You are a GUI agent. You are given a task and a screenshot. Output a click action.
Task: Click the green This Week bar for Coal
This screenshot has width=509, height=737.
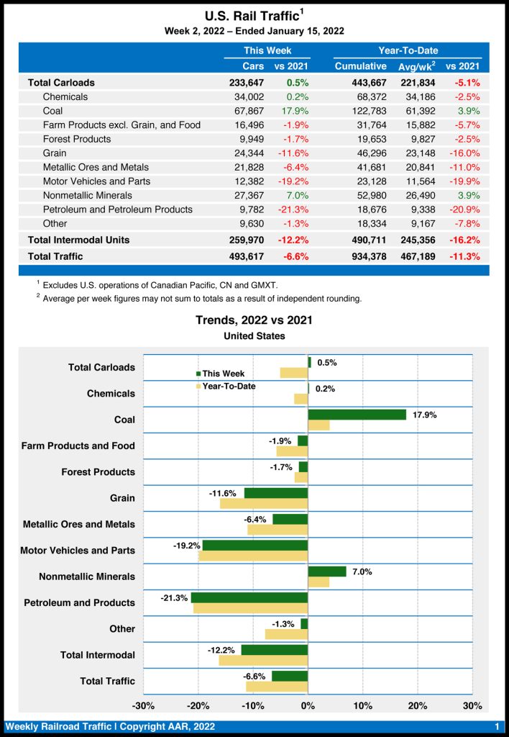tap(357, 415)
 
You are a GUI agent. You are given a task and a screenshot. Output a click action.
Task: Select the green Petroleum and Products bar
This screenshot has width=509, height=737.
tap(249, 597)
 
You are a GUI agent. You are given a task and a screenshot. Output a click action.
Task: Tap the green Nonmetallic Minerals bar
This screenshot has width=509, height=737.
tap(326, 571)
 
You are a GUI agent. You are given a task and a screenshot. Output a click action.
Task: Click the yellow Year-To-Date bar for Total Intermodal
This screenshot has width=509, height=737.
tap(263, 660)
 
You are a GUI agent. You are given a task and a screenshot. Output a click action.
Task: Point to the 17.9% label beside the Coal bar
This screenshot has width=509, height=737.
tap(425, 415)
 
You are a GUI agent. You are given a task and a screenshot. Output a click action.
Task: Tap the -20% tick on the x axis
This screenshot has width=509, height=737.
tap(198, 705)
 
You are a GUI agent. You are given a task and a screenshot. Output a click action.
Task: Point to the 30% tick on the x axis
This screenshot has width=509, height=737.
tap(472, 705)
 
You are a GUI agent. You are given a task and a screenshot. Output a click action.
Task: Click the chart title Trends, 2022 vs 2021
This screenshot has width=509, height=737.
tap(254, 320)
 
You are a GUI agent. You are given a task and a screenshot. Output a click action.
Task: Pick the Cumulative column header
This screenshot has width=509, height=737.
tap(360, 66)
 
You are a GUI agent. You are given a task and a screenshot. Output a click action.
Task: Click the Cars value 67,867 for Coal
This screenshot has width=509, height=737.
tap(244, 111)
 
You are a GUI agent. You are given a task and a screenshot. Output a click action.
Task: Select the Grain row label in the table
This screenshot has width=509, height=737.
tap(55, 153)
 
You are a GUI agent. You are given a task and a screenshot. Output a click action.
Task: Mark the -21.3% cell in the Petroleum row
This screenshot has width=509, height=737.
tap(293, 209)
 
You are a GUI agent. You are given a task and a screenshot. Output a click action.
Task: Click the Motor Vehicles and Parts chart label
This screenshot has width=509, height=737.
tap(78, 551)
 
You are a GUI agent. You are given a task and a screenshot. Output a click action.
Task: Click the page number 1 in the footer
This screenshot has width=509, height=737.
tap(497, 726)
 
